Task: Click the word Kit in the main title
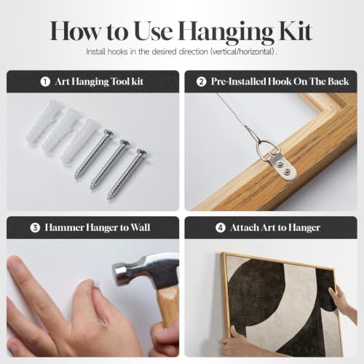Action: [x=296, y=31]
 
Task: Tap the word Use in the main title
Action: [x=154, y=31]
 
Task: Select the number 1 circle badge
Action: [x=45, y=82]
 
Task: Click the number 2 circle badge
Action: [x=201, y=82]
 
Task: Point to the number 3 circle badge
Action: [x=35, y=228]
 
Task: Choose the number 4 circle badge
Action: [x=221, y=228]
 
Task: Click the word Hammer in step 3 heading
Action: [x=64, y=228]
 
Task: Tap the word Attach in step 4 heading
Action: [x=245, y=228]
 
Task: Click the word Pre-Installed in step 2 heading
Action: [x=238, y=82]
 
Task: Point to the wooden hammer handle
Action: [x=168, y=307]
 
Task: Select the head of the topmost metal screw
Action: [x=108, y=134]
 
